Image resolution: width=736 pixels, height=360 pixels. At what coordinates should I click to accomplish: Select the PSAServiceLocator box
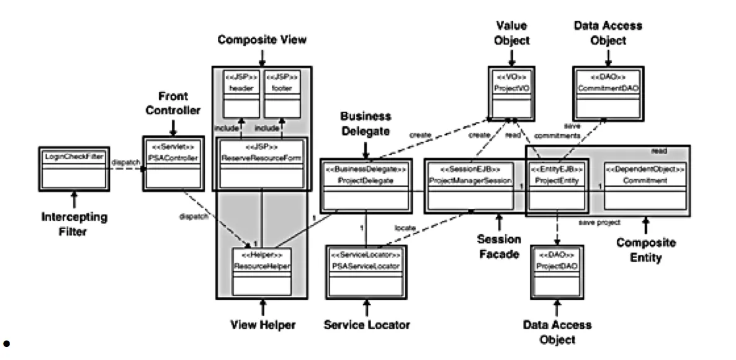366,270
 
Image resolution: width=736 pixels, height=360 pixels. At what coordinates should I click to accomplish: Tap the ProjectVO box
509,96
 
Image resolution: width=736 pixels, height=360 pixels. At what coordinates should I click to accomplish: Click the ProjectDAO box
557,271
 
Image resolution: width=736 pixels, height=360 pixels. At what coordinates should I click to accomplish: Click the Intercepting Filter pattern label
73,224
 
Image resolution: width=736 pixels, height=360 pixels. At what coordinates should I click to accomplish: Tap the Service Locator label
366,324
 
